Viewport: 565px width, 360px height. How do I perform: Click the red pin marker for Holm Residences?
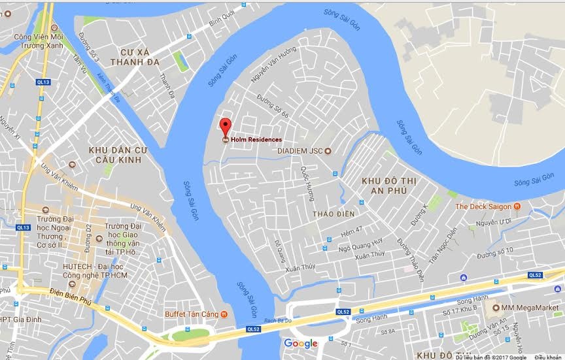(x=225, y=126)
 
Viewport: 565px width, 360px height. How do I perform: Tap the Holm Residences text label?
(x=256, y=140)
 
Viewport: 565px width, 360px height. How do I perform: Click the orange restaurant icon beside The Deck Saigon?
(x=517, y=206)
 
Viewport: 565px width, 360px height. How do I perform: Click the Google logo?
(x=301, y=344)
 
